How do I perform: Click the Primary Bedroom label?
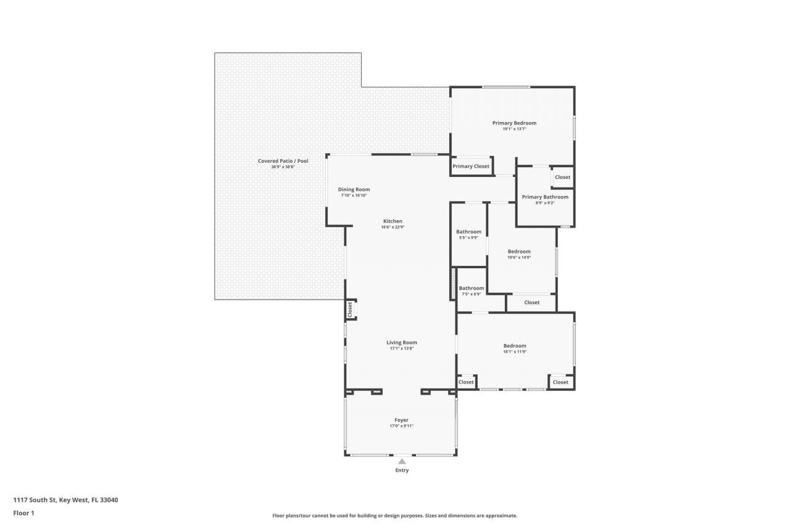514,123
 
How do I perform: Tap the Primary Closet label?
471,166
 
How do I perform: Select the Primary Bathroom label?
545,197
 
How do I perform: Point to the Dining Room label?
354,189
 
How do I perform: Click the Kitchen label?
393,221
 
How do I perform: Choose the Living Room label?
402,342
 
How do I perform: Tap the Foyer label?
401,420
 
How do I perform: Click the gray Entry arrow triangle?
402,461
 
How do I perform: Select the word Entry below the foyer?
402,471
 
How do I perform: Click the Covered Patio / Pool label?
283,161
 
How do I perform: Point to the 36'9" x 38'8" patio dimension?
283,167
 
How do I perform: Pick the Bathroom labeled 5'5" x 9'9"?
468,232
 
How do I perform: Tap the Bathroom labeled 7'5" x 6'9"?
471,288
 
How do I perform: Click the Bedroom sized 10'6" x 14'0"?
519,252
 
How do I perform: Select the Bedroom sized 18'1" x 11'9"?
515,346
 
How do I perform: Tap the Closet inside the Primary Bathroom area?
562,178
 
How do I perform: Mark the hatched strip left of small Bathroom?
453,284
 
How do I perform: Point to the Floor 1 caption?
23,512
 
